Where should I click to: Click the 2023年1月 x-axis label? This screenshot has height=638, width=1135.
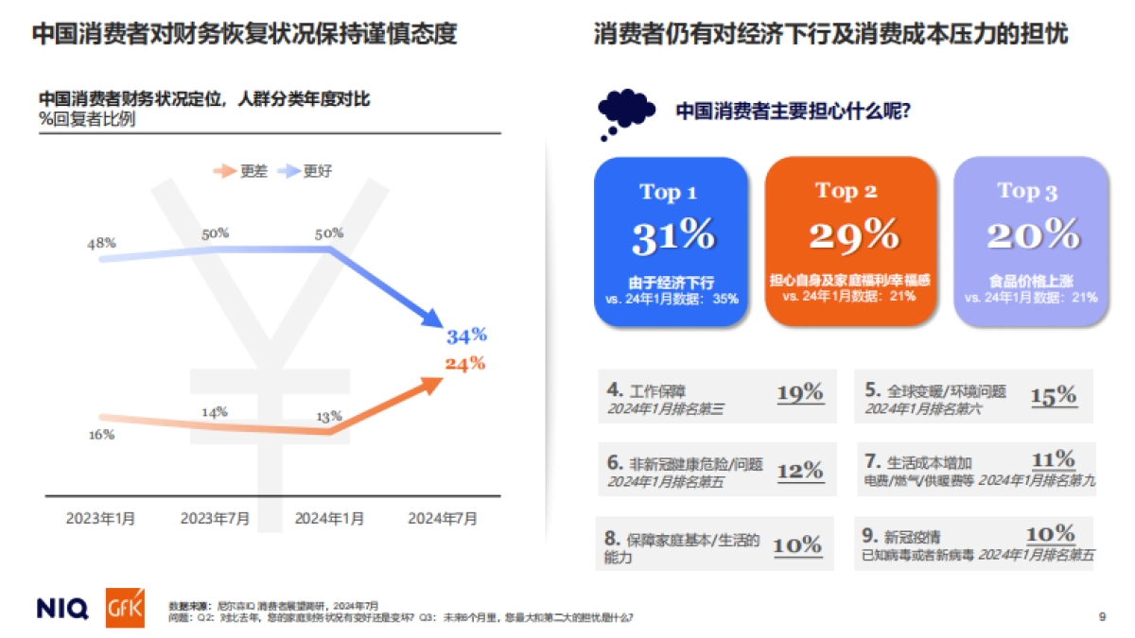coord(100,518)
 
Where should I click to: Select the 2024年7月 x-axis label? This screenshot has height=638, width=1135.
coord(443,518)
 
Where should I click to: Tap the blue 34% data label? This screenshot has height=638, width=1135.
coord(465,336)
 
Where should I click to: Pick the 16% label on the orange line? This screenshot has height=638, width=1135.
coord(101,435)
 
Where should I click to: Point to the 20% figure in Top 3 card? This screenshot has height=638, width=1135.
coord(1032,234)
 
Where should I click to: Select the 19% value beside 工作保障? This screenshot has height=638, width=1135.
coord(799,393)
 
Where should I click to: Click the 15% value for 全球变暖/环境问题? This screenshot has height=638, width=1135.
coord(1054,395)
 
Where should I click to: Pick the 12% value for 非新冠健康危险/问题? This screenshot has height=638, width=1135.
coord(799,470)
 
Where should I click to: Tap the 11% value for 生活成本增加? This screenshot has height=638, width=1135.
coord(1054,460)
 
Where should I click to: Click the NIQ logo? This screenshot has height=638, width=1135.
coord(62,608)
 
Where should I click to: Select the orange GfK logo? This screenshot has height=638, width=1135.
coord(125,607)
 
